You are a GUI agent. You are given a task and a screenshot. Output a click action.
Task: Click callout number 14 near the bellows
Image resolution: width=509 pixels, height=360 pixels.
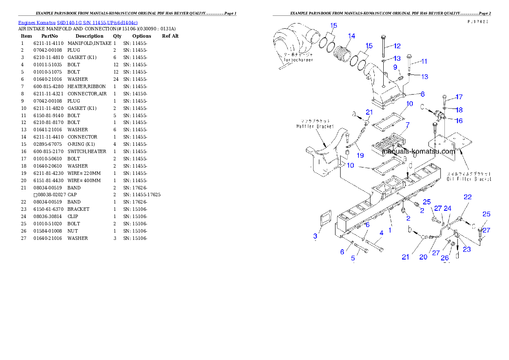351,36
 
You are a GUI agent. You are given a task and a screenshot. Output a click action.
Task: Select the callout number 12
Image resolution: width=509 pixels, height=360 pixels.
397,46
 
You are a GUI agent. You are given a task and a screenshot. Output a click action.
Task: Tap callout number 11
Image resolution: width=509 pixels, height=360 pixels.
424,61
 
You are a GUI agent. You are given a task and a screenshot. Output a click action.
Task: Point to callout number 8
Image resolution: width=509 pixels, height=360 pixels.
422,94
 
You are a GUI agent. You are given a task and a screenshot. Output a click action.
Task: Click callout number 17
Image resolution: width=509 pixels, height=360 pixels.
459,97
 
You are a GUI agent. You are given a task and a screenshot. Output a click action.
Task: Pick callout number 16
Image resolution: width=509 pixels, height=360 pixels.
459,121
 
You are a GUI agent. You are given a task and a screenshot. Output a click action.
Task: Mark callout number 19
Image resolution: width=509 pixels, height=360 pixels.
360,155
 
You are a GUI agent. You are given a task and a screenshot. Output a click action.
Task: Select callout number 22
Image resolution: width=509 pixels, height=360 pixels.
468,197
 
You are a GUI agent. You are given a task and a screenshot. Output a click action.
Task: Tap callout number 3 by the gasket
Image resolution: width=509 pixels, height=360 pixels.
315,236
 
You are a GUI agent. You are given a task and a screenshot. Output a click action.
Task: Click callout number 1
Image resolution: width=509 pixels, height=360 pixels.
390,230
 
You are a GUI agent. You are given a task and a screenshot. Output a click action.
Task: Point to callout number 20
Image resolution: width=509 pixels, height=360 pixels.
423,257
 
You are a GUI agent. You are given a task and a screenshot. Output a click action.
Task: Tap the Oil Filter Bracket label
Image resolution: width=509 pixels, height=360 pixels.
469,179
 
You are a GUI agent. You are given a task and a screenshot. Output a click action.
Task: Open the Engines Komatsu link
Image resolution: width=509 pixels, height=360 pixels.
77,23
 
